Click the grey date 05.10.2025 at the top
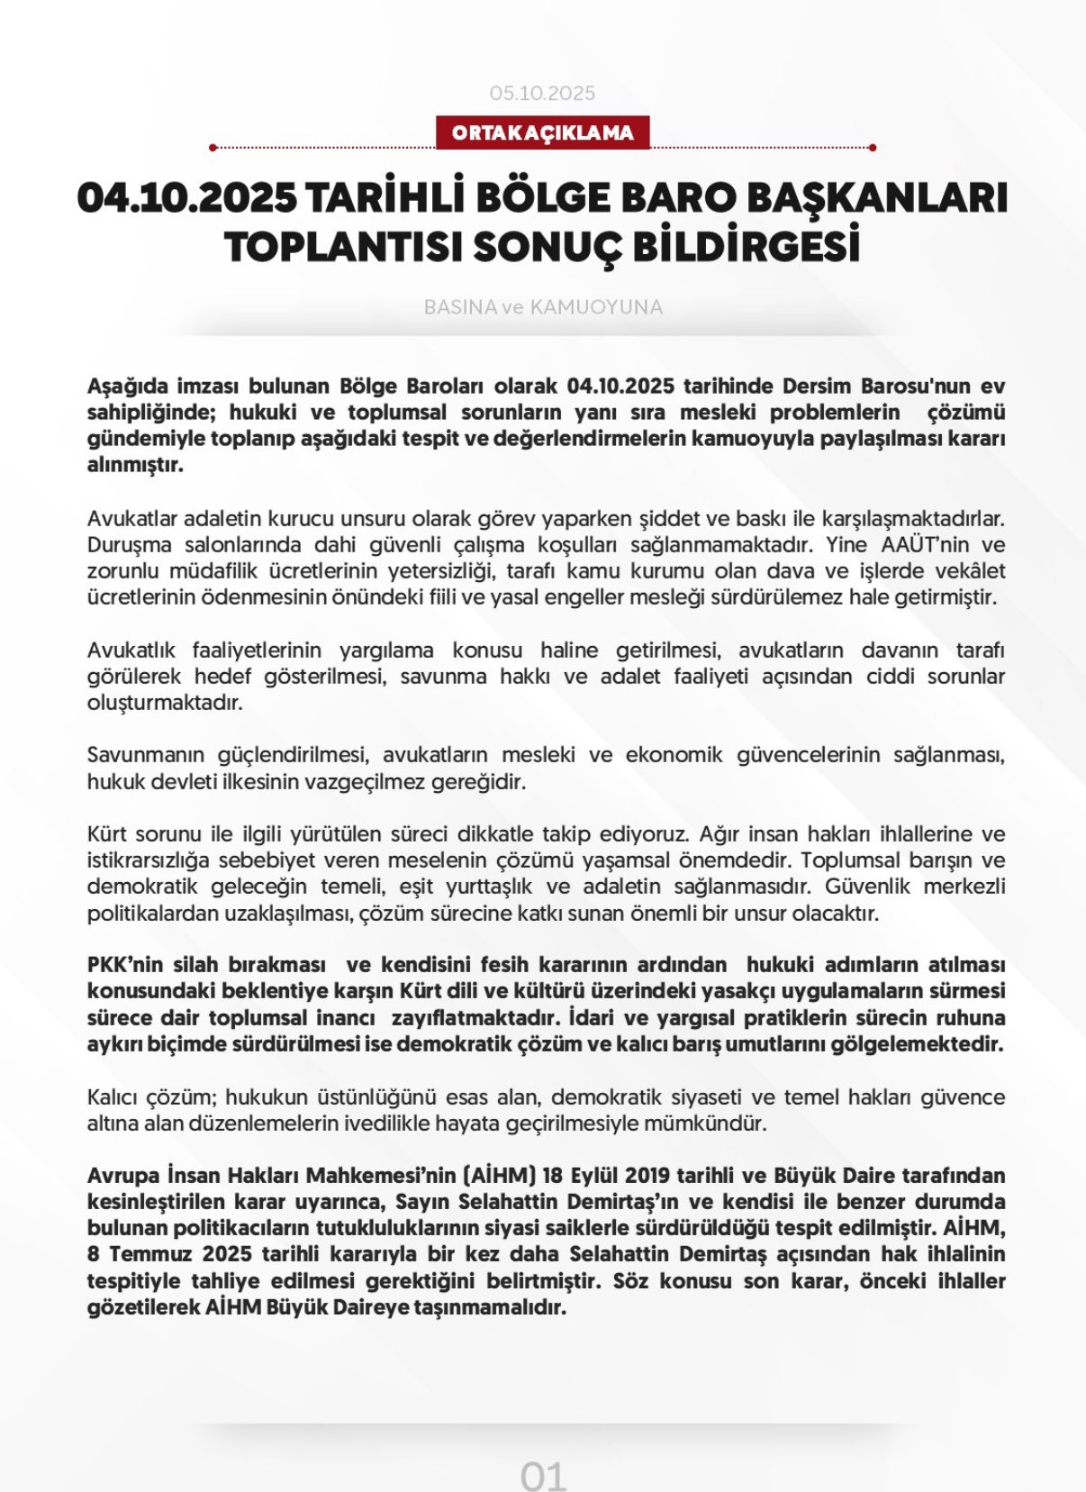542,93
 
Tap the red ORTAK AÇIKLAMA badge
542,133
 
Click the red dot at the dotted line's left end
213,147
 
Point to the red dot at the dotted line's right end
873,147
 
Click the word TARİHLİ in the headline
386,198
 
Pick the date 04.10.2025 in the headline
187,198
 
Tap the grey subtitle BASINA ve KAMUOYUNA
542,307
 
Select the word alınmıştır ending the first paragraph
134,465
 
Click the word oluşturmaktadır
165,703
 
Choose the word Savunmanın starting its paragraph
146,755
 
